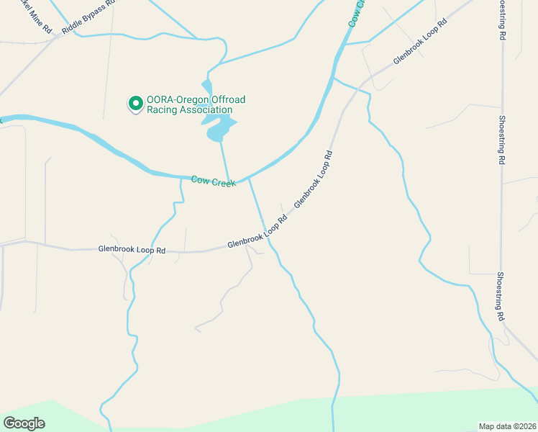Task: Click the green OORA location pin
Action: (134, 104)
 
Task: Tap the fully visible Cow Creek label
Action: (214, 181)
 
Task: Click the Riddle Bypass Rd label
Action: (88, 17)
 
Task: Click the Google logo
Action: (24, 423)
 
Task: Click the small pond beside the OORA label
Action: (220, 127)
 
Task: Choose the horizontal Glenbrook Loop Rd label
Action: (132, 250)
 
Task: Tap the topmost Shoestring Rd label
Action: (501, 19)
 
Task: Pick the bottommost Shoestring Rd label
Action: (499, 296)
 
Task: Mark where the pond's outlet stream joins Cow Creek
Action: (230, 180)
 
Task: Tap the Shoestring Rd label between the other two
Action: (501, 140)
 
